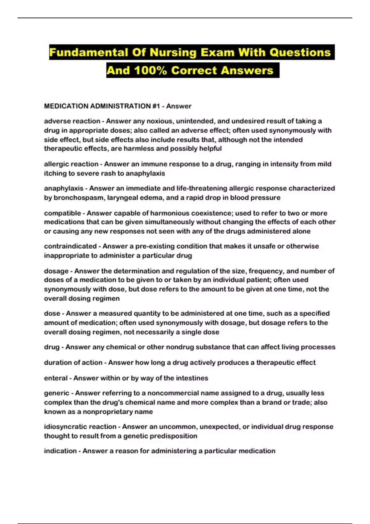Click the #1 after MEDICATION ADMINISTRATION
pyautogui.click(x=156, y=106)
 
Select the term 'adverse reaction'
pyautogui.click(x=72, y=121)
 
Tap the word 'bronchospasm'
pyautogui.click(x=78, y=198)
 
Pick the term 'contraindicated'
pyautogui.click(x=70, y=246)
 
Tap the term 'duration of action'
pyautogui.click(x=73, y=362)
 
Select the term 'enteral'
pyautogui.click(x=56, y=378)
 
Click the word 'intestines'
pyautogui.click(x=192, y=378)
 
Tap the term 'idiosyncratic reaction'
pyautogui.click(x=80, y=427)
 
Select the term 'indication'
pyautogui.click(x=60, y=451)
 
